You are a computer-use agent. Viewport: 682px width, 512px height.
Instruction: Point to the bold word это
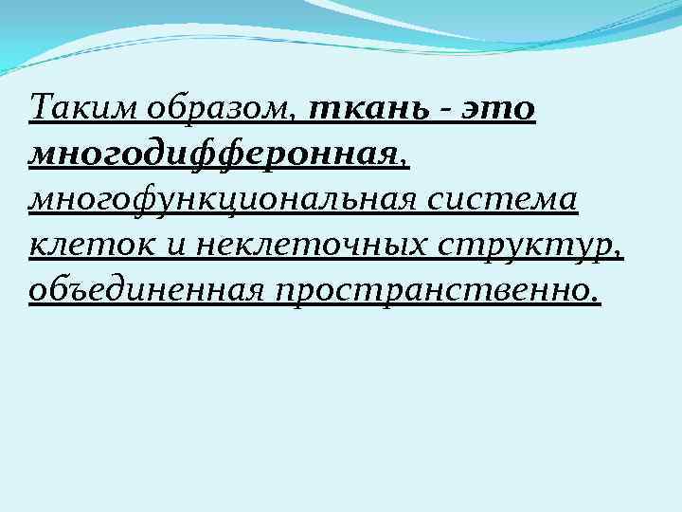click(497, 110)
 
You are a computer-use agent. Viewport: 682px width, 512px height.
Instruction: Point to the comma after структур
click(619, 254)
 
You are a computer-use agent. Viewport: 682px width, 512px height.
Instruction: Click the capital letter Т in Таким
click(41, 108)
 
